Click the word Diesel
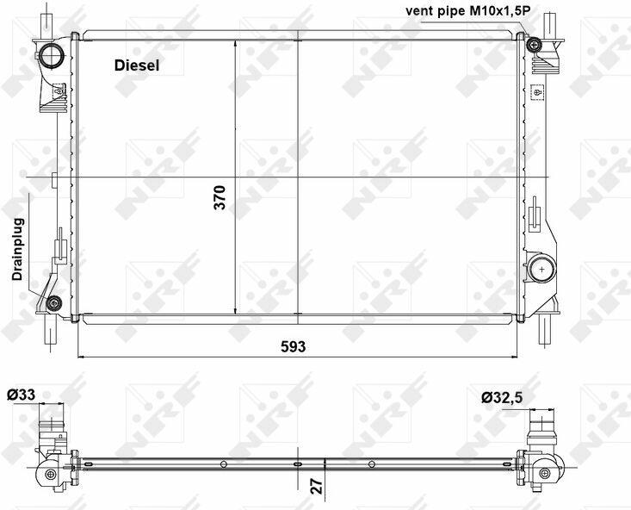(x=137, y=65)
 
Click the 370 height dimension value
(x=220, y=197)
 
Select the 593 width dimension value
(x=293, y=346)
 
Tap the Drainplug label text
(x=18, y=249)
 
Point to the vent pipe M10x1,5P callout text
(x=467, y=11)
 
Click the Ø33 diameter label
(x=21, y=395)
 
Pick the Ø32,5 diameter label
(x=502, y=398)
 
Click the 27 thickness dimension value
(x=317, y=486)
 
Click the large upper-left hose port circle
(x=52, y=55)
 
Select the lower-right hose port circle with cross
(x=541, y=269)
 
